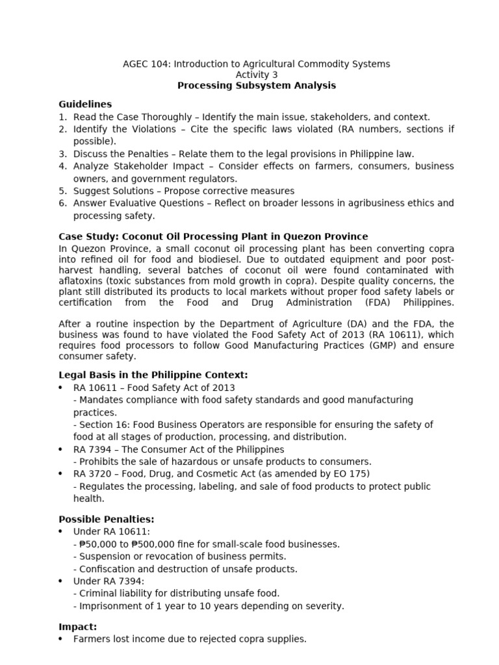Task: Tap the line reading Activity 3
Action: pyautogui.click(x=257, y=75)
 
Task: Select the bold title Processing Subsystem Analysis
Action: pyautogui.click(x=257, y=86)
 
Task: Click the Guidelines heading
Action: pyautogui.click(x=85, y=104)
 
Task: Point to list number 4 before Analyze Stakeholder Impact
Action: pyautogui.click(x=63, y=166)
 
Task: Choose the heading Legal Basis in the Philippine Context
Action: pyautogui.click(x=153, y=375)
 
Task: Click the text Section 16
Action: pyautogui.click(x=103, y=425)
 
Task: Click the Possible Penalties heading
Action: pyautogui.click(x=107, y=520)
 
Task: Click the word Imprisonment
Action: pyautogui.click(x=107, y=606)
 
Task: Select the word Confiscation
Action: pyautogui.click(x=107, y=569)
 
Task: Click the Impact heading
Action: pyautogui.click(x=78, y=627)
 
